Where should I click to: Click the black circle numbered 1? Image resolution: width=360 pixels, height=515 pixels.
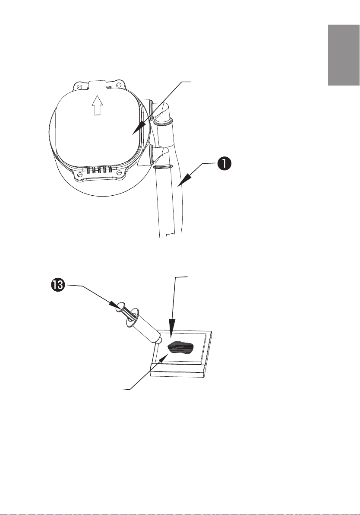pos(224,164)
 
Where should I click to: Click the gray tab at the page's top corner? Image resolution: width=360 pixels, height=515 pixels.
pos(344,55)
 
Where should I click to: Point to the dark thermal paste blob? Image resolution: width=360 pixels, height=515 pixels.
pos(181,349)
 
